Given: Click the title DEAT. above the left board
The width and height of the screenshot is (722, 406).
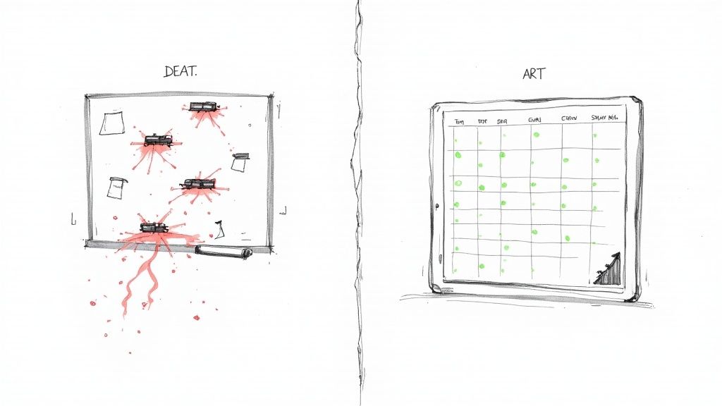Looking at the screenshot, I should (180, 72).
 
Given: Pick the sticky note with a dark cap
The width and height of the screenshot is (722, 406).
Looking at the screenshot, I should (241, 162).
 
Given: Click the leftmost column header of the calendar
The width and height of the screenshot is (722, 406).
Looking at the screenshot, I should (459, 121).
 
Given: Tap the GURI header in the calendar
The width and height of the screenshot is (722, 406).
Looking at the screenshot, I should (537, 121).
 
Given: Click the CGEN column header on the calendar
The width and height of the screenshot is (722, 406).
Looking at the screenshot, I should (569, 118).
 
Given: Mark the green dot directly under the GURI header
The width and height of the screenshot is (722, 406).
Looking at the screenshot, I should (536, 134).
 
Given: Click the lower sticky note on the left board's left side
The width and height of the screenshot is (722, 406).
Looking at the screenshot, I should (116, 187).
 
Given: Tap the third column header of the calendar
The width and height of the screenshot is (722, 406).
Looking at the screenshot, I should (503, 121).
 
